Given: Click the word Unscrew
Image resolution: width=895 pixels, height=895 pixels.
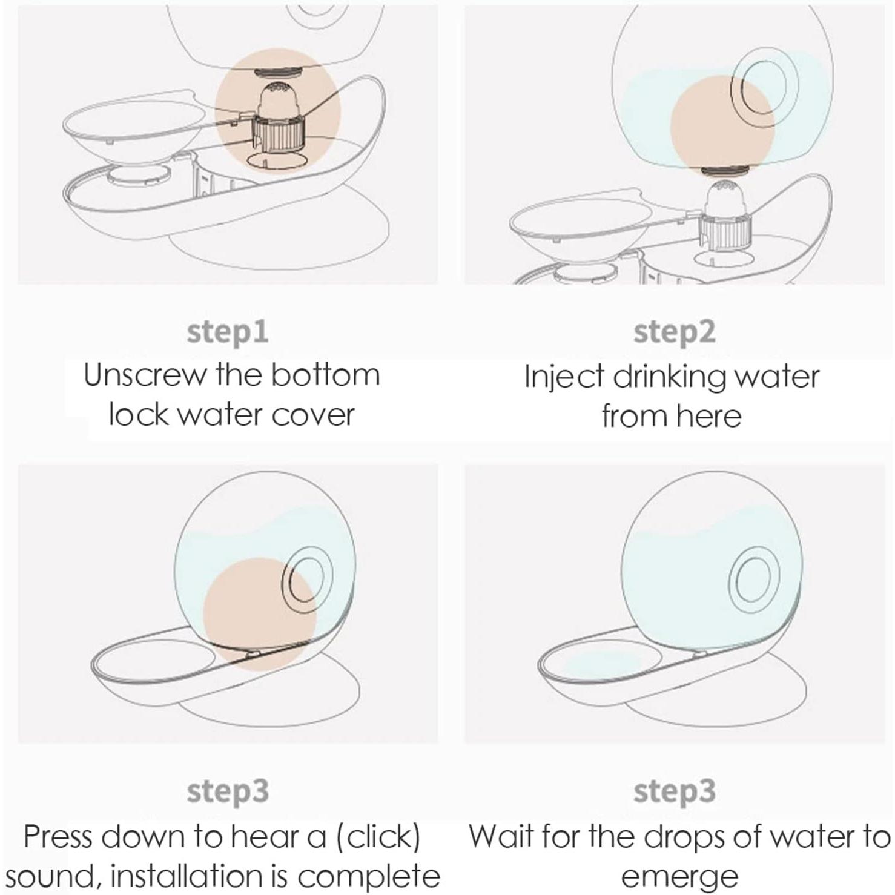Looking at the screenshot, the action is point(145,375).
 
